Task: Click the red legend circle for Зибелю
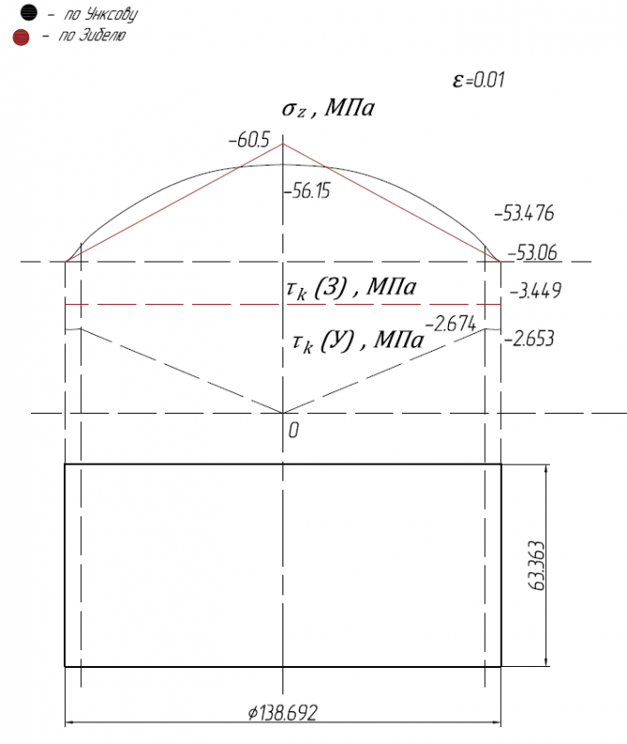(21, 38)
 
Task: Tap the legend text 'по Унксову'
(101, 14)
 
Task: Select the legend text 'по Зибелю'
(92, 36)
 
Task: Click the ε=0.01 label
(478, 80)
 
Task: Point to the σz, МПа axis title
(329, 108)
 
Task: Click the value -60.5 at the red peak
(249, 140)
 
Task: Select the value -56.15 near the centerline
(307, 191)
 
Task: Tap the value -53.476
(524, 214)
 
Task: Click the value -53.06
(533, 252)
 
